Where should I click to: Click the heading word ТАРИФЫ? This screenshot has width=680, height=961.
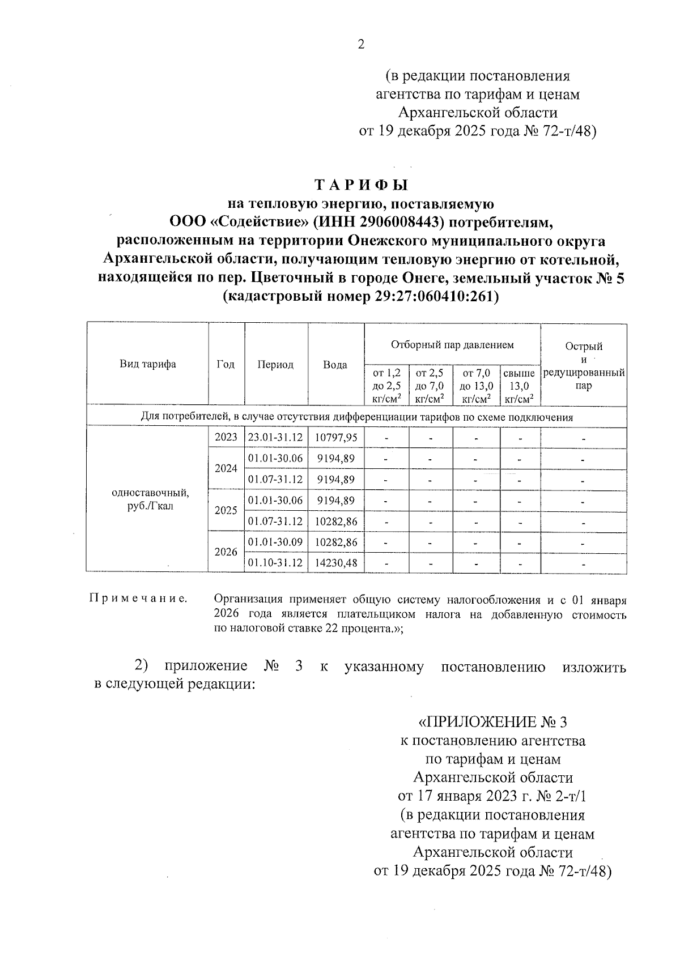pyautogui.click(x=361, y=185)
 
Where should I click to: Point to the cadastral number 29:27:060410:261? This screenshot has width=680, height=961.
pyautogui.click(x=433, y=296)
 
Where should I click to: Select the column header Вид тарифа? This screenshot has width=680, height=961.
pyautogui.click(x=147, y=364)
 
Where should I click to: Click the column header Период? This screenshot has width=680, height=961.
pyautogui.click(x=275, y=365)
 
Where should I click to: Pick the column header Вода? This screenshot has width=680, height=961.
pyautogui.click(x=335, y=365)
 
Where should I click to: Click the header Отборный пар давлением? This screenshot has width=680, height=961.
pyautogui.click(x=452, y=344)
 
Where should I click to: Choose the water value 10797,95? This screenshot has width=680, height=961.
pyautogui.click(x=336, y=438)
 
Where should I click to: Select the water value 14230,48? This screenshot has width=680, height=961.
pyautogui.click(x=336, y=563)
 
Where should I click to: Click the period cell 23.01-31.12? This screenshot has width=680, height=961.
pyautogui.click(x=275, y=438)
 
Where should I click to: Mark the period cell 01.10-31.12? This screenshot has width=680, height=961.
pyautogui.click(x=275, y=563)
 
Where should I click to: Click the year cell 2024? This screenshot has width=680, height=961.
pyautogui.click(x=226, y=468)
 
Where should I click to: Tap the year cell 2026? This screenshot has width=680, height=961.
pyautogui.click(x=226, y=552)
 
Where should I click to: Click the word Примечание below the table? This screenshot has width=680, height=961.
pyautogui.click(x=138, y=599)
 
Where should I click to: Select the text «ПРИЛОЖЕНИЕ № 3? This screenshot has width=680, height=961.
pyautogui.click(x=492, y=722)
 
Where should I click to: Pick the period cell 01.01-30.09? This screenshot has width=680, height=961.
pyautogui.click(x=275, y=542)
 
